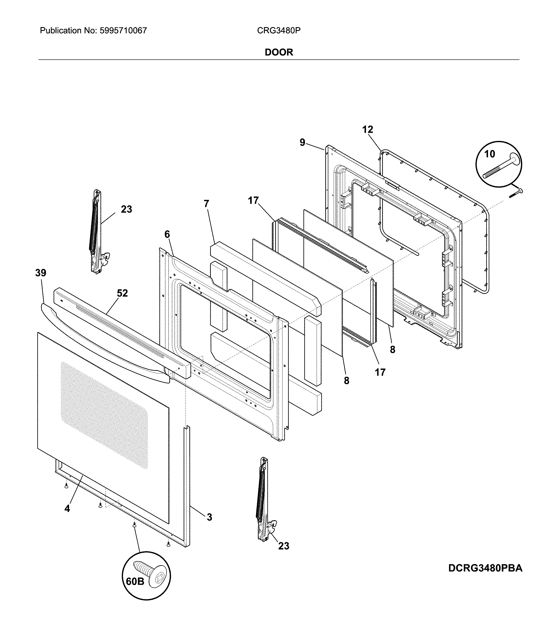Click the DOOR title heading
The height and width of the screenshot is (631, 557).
(x=279, y=52)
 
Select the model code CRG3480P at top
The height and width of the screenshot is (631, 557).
(x=279, y=31)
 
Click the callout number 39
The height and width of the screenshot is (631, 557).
(x=41, y=273)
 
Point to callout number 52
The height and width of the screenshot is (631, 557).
(x=122, y=293)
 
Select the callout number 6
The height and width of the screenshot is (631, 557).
(x=167, y=235)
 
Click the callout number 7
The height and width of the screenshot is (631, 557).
(x=206, y=204)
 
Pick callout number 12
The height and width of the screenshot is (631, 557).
(x=367, y=130)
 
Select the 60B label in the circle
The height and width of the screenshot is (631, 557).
(x=135, y=582)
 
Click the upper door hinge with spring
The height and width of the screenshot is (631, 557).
(x=97, y=232)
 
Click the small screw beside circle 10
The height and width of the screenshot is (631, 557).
(x=516, y=193)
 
